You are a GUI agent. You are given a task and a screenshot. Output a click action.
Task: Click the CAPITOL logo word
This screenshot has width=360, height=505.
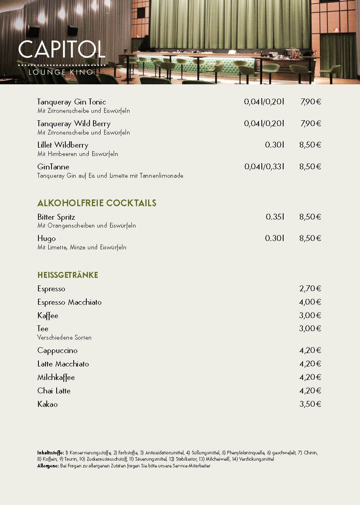62,49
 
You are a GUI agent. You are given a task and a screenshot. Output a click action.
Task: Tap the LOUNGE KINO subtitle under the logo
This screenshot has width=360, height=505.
61,72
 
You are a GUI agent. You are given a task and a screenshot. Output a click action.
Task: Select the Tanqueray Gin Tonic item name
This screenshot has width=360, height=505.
72,102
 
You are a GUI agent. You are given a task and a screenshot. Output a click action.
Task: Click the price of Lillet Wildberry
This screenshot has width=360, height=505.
310,145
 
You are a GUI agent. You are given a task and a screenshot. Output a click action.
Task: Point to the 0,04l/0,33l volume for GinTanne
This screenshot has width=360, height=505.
264,167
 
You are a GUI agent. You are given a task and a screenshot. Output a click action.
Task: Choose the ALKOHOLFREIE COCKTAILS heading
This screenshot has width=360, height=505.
97,203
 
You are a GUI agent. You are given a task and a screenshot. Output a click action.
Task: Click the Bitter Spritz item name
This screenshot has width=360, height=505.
56,217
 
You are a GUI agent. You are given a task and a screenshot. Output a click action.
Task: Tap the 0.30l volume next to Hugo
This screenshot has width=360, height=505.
275,238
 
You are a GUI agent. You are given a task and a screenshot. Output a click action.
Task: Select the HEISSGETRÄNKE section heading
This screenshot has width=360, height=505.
68,275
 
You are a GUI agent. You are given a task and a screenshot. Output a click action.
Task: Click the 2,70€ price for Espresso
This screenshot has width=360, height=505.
310,289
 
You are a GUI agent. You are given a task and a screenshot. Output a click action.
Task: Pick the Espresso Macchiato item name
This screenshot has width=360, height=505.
69,302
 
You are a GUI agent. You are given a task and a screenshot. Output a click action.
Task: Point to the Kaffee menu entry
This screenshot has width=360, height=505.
48,316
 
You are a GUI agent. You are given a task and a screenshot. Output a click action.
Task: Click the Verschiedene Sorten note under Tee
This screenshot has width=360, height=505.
65,338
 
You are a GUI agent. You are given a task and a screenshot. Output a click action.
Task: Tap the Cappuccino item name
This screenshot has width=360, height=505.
57,351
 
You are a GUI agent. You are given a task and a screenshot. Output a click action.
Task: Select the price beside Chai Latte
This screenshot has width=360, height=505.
310,391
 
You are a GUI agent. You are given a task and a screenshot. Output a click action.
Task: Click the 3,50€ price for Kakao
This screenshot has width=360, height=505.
310,404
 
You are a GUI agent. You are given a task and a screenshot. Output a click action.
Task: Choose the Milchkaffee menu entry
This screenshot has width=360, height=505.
56,378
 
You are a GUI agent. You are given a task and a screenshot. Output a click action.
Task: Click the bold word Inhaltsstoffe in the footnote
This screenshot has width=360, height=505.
50,452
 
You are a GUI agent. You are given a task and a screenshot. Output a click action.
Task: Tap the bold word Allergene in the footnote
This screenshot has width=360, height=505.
48,466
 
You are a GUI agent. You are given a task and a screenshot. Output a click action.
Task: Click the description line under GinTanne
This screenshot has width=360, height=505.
110,176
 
